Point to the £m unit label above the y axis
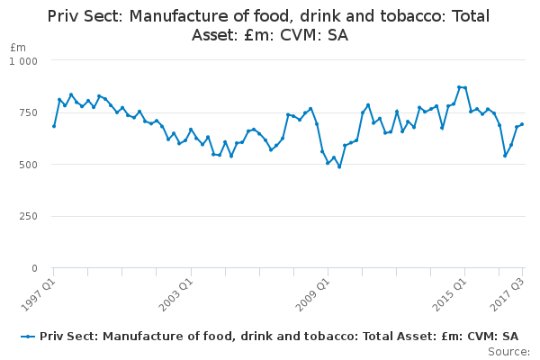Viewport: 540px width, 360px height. point(18,47)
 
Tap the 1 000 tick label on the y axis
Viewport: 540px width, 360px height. point(24,60)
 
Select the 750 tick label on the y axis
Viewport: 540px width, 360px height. point(28,112)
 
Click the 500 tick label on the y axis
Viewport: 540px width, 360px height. point(28,165)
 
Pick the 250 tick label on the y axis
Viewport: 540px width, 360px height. point(28,217)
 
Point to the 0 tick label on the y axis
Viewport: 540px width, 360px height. point(34,268)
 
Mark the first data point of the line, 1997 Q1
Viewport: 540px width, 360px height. point(54,126)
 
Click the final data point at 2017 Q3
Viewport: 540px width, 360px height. point(522,124)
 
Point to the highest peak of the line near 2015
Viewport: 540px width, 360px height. point(459,87)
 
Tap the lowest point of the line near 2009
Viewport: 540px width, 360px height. point(339,166)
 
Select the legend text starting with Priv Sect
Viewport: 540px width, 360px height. point(279,337)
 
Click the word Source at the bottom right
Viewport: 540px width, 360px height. point(509,352)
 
